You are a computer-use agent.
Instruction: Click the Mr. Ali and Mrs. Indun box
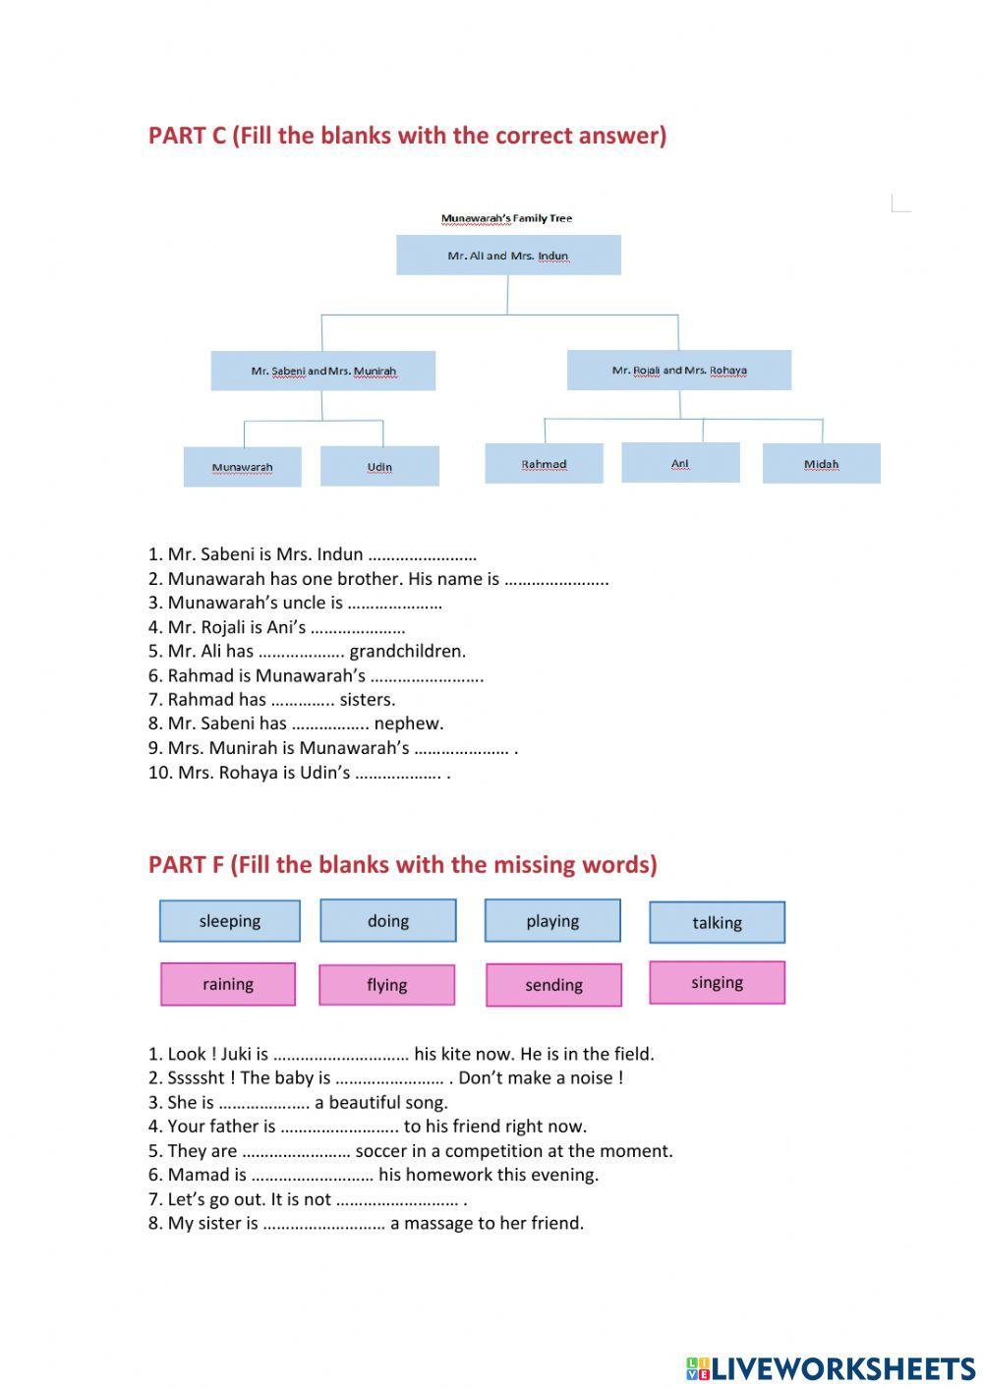[508, 256]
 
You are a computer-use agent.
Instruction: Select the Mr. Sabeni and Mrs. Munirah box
[323, 371]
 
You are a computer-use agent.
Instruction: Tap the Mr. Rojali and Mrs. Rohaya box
[679, 371]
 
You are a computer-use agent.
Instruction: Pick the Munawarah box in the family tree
[242, 467]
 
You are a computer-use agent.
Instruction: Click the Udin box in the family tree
[379, 467]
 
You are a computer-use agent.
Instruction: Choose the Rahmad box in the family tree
[544, 464]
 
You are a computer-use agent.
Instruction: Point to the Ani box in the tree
[680, 463]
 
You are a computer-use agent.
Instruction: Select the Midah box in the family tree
[821, 464]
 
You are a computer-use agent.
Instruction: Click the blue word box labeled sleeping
[230, 921]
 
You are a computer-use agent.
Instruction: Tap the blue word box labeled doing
[388, 921]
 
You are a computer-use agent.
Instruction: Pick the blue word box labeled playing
[552, 921]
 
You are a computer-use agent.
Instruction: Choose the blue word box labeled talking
[717, 922]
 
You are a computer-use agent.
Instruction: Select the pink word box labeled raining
[228, 984]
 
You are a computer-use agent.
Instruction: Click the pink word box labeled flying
[386, 985]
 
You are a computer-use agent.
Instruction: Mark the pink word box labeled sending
[553, 985]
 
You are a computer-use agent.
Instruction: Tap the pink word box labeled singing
[717, 983]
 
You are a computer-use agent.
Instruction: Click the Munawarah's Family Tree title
[506, 218]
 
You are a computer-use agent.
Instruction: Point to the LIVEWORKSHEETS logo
[831, 1367]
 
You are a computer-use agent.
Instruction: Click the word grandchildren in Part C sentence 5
[407, 651]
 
